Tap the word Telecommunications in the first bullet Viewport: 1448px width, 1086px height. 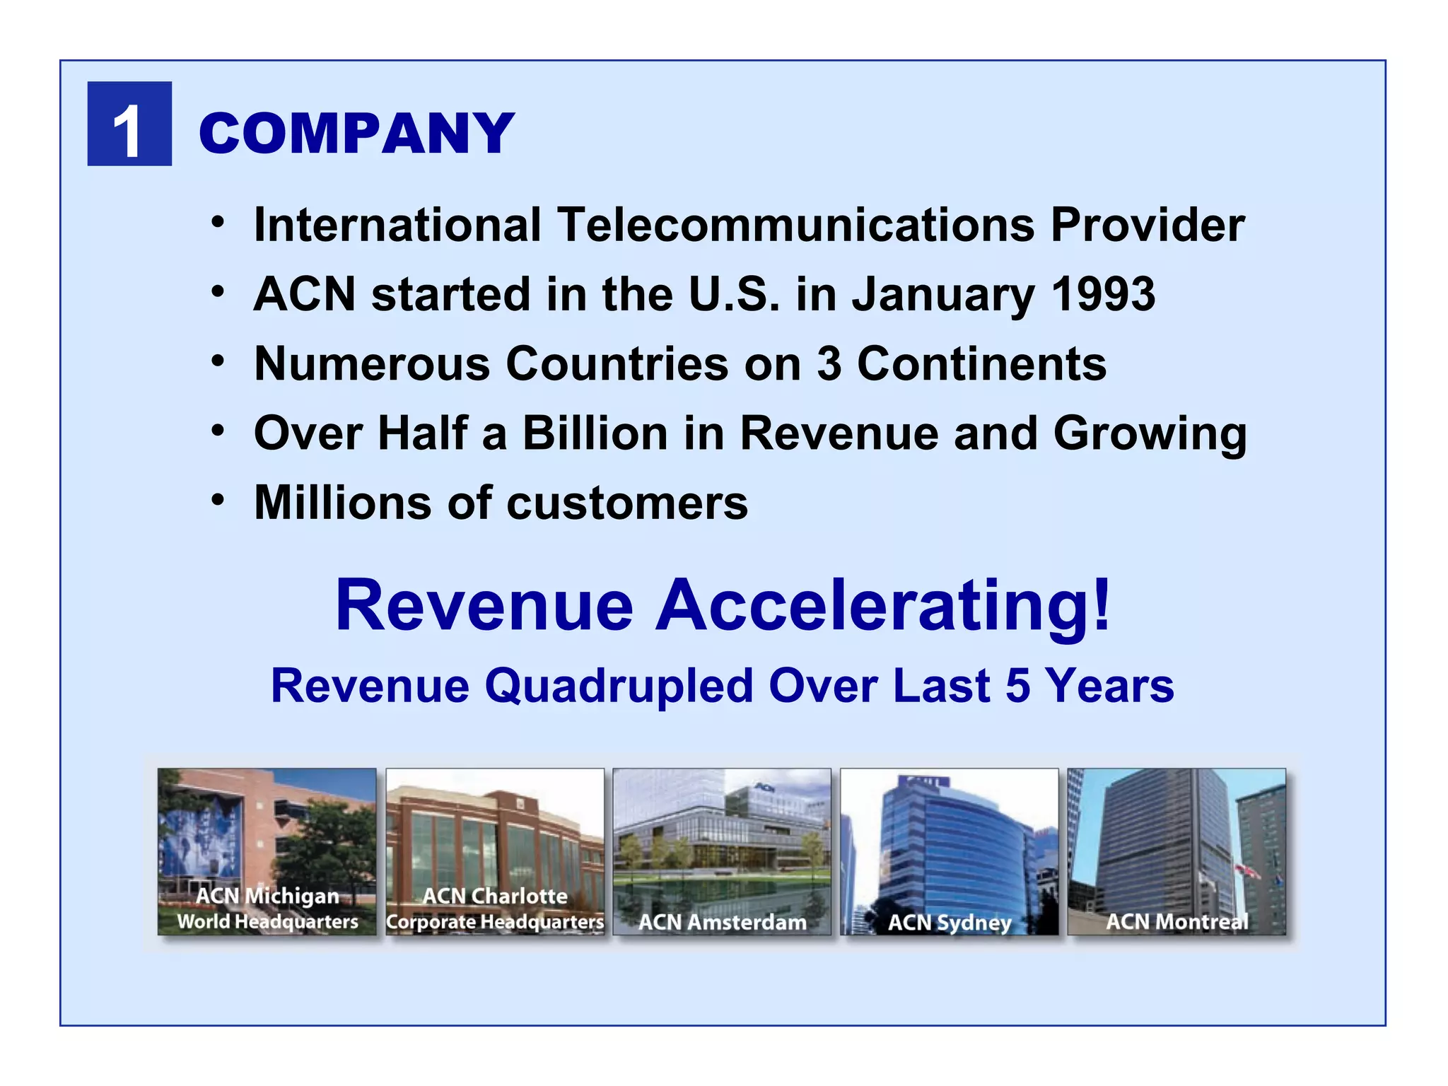795,225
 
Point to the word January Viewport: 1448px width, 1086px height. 943,295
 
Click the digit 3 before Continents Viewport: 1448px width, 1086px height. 829,363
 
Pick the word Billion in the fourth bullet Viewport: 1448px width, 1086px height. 595,433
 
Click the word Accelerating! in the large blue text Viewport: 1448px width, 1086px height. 883,605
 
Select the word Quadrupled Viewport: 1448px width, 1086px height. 619,686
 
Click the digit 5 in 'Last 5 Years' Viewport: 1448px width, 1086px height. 1017,686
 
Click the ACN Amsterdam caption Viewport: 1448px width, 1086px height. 722,922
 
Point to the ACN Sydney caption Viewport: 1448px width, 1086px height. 950,922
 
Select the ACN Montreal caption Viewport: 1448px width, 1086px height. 1176,921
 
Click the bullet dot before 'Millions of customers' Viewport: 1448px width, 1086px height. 218,501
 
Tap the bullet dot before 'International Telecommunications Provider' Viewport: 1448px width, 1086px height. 218,222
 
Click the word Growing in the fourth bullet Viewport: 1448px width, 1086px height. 1150,434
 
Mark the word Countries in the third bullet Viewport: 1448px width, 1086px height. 617,363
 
